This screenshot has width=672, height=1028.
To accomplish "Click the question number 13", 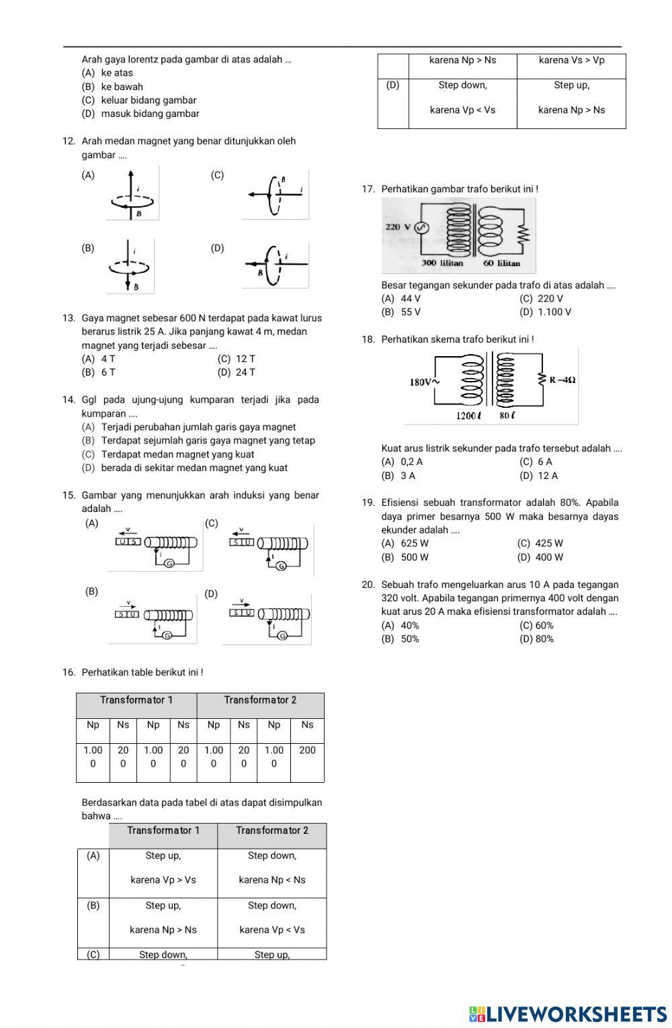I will (x=68, y=318).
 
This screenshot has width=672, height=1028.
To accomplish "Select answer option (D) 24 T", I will (x=236, y=372).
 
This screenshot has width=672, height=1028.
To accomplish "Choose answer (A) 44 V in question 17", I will (x=401, y=298).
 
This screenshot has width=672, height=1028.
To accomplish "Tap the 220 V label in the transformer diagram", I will (x=398, y=227).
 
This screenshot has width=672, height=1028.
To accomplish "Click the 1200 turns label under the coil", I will (x=468, y=415).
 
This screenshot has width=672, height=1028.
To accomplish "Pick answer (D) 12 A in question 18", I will (x=538, y=476).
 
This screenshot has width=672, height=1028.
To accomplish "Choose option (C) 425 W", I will (x=540, y=544).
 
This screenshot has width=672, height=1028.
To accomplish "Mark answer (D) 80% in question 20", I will (x=537, y=639).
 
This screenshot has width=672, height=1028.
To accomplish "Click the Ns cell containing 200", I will (x=307, y=750).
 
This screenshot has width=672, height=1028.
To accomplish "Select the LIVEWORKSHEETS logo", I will (x=568, y=1014).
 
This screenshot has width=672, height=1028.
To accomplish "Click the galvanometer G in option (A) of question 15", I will (x=170, y=564).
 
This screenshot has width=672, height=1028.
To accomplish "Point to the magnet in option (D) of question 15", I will (x=243, y=612).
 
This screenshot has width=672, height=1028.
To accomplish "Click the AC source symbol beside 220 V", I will (x=421, y=228).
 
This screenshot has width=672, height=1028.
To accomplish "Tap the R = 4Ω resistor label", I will (x=562, y=380).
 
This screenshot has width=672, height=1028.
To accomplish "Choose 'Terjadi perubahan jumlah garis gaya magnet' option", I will (x=198, y=427).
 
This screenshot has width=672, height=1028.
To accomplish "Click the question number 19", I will (x=368, y=503).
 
